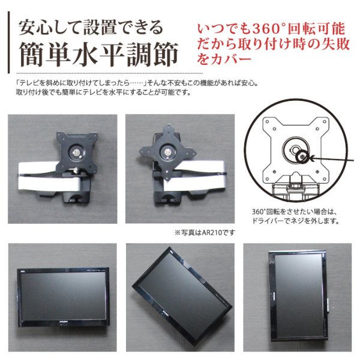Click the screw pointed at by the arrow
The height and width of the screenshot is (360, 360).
302,157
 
